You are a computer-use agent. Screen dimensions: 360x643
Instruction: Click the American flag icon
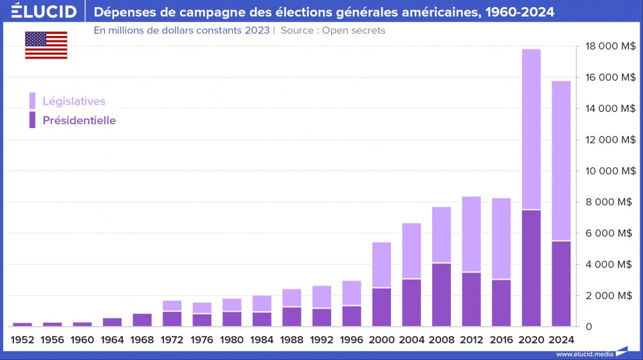[x=46, y=45]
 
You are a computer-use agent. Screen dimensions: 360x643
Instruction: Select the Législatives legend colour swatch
[x=32, y=101]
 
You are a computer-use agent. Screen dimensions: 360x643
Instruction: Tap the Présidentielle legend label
[x=79, y=120]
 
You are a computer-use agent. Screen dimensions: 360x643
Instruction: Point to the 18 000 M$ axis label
[x=610, y=46]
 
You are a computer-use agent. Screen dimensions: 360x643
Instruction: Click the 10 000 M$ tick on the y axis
[x=610, y=171]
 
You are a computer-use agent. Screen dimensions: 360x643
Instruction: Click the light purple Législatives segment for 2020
[x=530, y=129]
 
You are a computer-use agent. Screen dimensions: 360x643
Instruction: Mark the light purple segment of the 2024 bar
[x=561, y=161]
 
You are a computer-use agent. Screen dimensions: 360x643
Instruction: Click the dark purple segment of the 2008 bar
[x=441, y=294]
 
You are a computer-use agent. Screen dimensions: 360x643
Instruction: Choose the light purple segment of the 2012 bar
[x=471, y=234]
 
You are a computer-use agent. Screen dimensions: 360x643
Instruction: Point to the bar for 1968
[x=142, y=320]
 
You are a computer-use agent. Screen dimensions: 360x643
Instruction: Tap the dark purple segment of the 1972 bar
[x=172, y=319]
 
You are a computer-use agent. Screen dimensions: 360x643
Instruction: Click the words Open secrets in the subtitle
[x=354, y=30]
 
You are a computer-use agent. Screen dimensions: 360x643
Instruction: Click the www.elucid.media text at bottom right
[x=584, y=354]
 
